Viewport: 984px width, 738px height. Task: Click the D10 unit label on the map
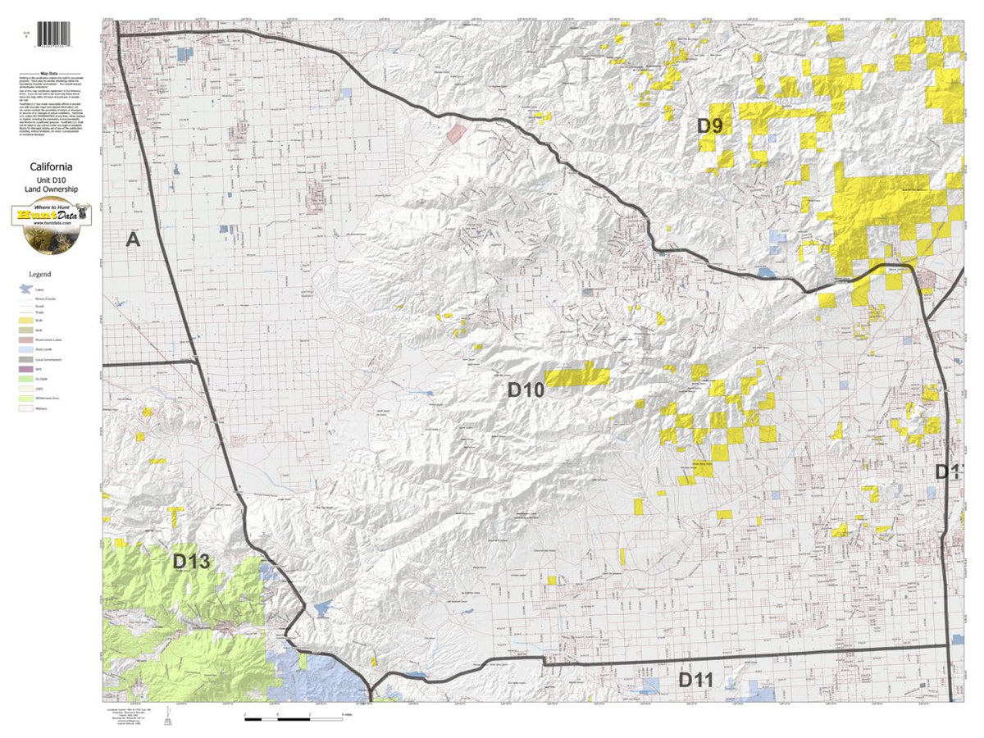click(x=525, y=390)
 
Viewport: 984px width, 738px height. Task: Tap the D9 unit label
click(x=710, y=126)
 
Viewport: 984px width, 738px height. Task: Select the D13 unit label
click(x=191, y=563)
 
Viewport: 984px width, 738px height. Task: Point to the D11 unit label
click(x=696, y=680)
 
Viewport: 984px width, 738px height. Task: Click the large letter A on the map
click(x=133, y=239)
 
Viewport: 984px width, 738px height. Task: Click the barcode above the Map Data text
click(x=55, y=36)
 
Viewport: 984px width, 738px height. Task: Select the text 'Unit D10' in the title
click(x=52, y=179)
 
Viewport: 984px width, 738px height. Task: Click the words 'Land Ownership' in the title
click(x=52, y=189)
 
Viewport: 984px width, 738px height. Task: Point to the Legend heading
click(x=40, y=274)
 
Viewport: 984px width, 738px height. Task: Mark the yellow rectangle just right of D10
click(x=577, y=377)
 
